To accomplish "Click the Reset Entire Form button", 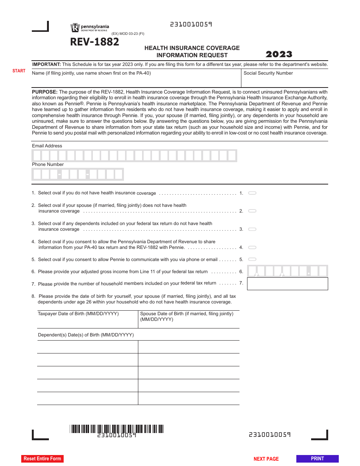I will pos(42,458).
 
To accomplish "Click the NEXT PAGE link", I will pos(266,459).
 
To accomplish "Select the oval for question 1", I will pos(252,193).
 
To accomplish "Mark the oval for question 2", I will pos(252,211).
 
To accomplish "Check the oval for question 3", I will pos(252,229).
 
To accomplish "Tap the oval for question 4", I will pos(252,247).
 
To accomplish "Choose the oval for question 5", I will pos(252,260).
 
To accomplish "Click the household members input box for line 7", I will pos(287,284).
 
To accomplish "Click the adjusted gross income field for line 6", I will pos(287,271).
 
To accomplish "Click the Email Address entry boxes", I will pos(134,156).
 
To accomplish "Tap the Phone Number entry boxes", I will pos(78,174).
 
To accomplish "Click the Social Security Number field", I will pos(285,81).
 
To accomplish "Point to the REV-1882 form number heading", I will pos(94,42).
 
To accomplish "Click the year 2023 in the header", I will pos(279,54).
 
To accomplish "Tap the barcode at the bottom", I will pos(117,429).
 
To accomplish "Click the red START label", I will pos(19,71).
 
